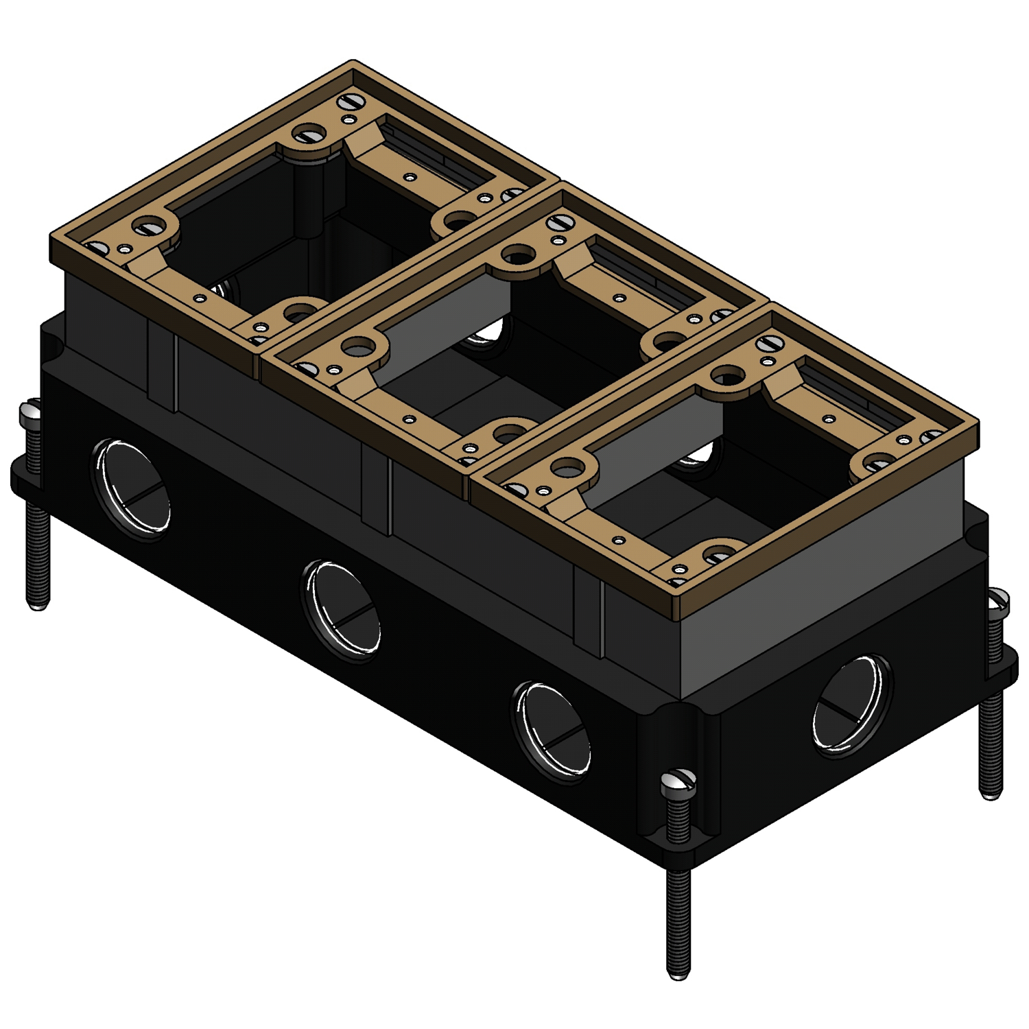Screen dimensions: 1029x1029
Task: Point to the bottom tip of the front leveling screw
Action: point(678,972)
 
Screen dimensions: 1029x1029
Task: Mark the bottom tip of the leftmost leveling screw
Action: point(38,604)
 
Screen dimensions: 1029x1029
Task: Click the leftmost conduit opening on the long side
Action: point(131,488)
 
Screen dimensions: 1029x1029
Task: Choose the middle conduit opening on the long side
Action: point(342,610)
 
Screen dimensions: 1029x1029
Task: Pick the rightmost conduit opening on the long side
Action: point(552,731)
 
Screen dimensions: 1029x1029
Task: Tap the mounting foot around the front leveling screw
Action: point(669,847)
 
